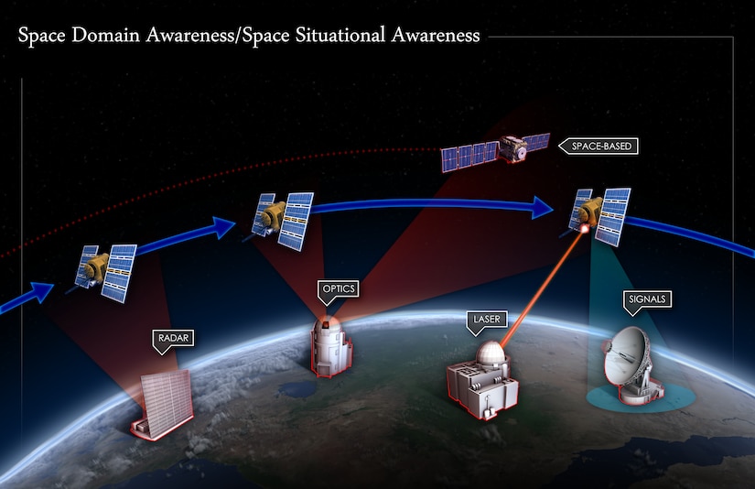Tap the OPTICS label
[x=336, y=289]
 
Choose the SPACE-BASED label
[x=601, y=146]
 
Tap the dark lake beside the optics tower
[x=296, y=389]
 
